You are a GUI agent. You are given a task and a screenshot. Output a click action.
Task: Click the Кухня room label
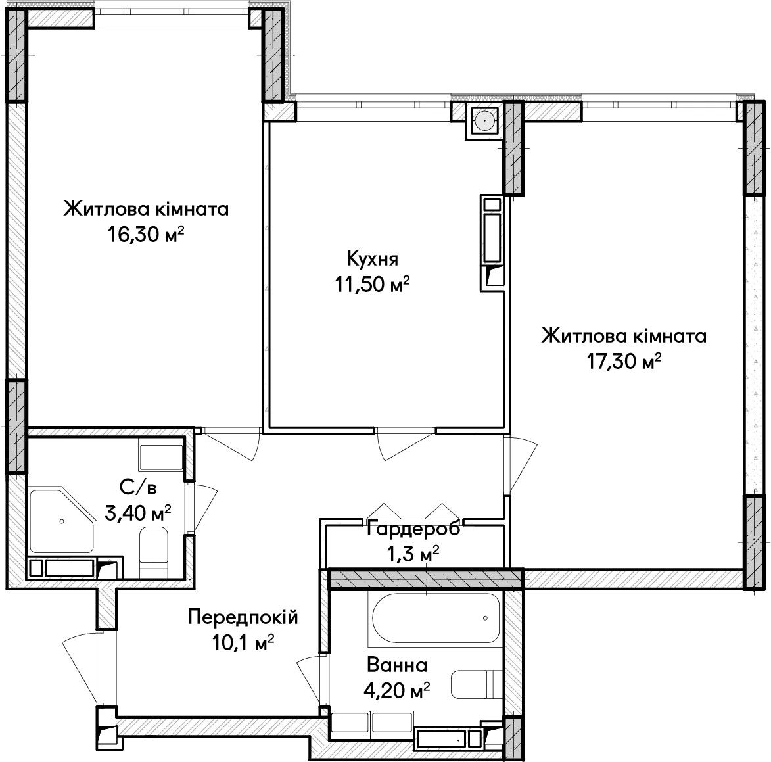pyautogui.click(x=372, y=258)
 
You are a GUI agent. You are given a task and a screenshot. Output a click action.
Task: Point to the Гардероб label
pyautogui.click(x=413, y=529)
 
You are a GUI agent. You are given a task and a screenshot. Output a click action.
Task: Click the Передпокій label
pyautogui.click(x=243, y=617)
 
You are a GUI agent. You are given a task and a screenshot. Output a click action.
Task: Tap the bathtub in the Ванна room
pyautogui.click(x=436, y=619)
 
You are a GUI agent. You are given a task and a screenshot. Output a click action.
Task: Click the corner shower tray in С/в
pyautogui.click(x=62, y=521)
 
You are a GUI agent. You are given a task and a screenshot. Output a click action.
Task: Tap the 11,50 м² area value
pyautogui.click(x=372, y=284)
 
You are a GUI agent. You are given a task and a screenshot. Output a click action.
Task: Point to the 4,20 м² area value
pyautogui.click(x=397, y=691)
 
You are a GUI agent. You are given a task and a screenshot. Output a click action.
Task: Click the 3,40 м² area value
pyautogui.click(x=138, y=513)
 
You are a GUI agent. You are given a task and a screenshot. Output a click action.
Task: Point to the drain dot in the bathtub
pyautogui.click(x=485, y=619)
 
